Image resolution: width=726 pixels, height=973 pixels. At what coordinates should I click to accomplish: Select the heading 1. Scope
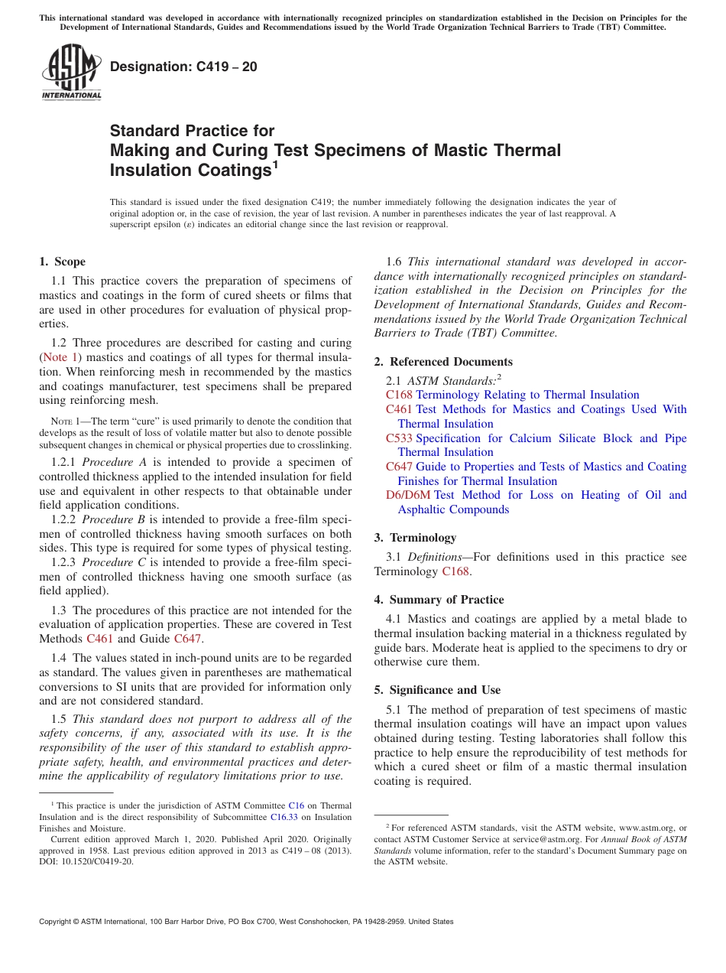point(62,262)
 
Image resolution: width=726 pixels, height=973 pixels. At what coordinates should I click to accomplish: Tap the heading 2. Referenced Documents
point(443,362)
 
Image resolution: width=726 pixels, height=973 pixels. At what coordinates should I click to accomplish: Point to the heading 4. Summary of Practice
point(439,600)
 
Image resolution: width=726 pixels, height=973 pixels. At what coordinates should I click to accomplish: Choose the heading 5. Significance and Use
point(437,690)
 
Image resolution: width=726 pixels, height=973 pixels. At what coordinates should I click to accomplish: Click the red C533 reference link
point(399,438)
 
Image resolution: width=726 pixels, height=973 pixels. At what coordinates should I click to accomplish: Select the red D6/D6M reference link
point(408,495)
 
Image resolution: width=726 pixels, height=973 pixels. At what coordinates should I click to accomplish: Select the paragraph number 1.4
point(59,658)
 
